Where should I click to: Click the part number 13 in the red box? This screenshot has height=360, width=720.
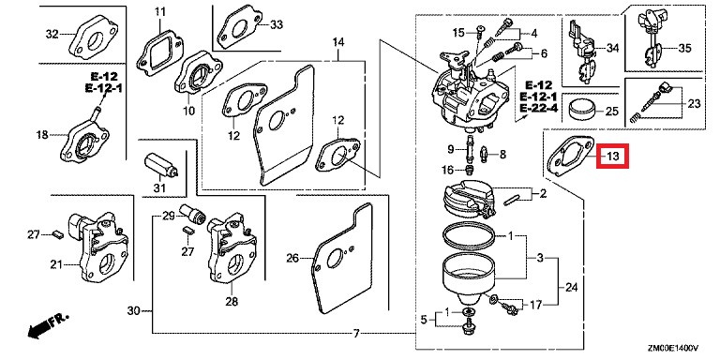tap(613, 156)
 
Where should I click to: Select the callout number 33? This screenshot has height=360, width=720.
tap(276, 24)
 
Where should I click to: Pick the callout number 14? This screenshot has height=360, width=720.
tap(338, 43)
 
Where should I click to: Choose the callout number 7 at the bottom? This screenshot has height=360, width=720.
tap(356, 334)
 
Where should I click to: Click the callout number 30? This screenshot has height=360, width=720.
tap(133, 310)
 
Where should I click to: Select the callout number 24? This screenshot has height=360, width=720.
tap(573, 287)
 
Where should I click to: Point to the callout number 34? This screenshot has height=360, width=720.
tap(611, 47)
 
